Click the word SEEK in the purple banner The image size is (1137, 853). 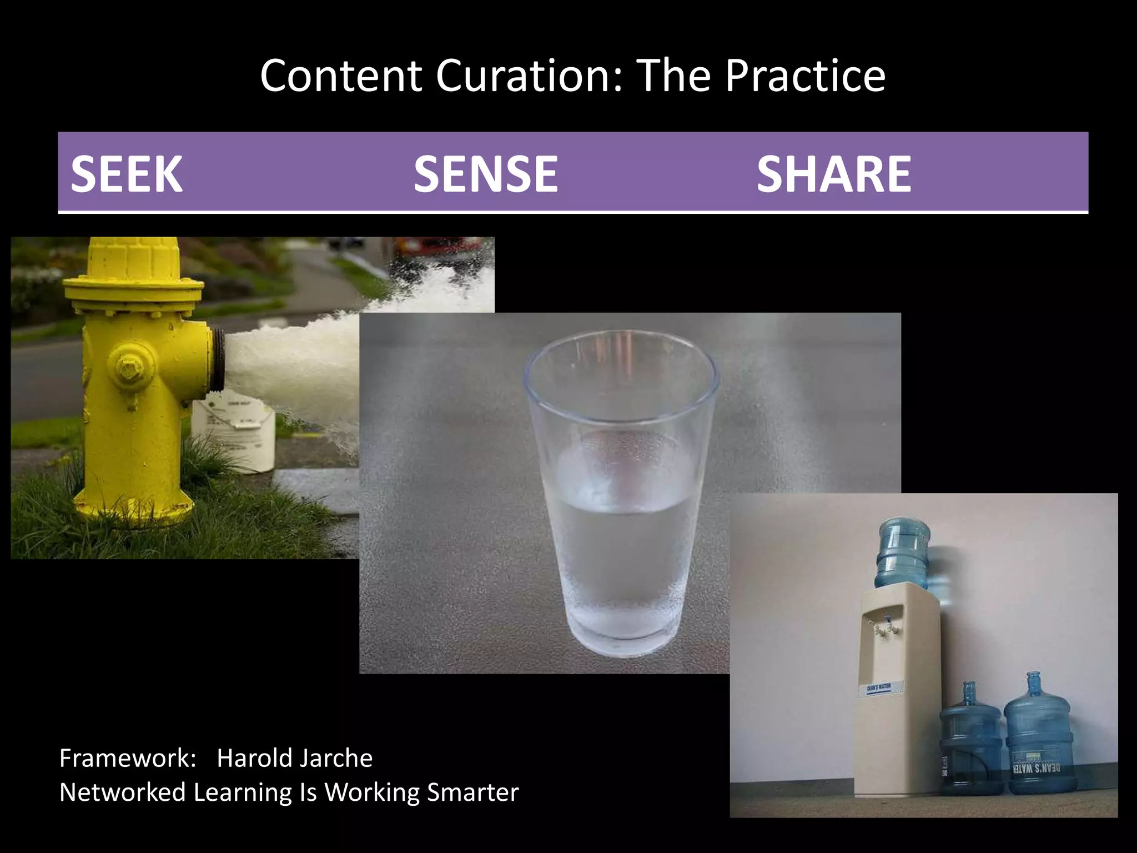pos(127,174)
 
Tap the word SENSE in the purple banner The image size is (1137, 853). pos(485,174)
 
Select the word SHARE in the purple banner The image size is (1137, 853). pos(833,174)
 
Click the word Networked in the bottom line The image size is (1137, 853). pos(122,792)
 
